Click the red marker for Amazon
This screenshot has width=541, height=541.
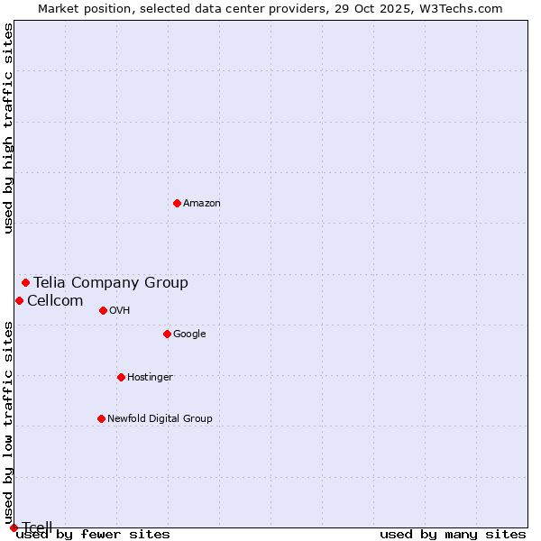(x=177, y=203)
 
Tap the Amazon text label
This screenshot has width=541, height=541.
(x=202, y=204)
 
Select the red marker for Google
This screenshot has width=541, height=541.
(x=167, y=334)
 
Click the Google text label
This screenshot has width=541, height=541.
(x=189, y=335)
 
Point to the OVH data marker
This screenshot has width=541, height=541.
(x=103, y=310)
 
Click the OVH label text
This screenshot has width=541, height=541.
(x=120, y=311)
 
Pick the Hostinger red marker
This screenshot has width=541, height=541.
(x=121, y=377)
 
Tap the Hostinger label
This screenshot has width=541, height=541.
(x=150, y=378)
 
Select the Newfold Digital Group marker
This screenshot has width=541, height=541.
(x=101, y=418)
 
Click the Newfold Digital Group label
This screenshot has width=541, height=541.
(x=160, y=419)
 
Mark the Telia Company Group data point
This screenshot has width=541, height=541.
(x=25, y=282)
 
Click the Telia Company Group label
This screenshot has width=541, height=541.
(x=111, y=283)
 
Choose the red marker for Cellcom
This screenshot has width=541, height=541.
(x=19, y=300)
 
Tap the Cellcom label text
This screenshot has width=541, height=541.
(x=55, y=301)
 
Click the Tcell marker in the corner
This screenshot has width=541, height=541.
(x=14, y=527)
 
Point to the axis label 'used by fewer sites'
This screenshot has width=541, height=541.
(x=94, y=535)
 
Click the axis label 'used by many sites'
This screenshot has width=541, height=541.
(x=453, y=535)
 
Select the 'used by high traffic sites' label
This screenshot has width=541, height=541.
(x=8, y=129)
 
